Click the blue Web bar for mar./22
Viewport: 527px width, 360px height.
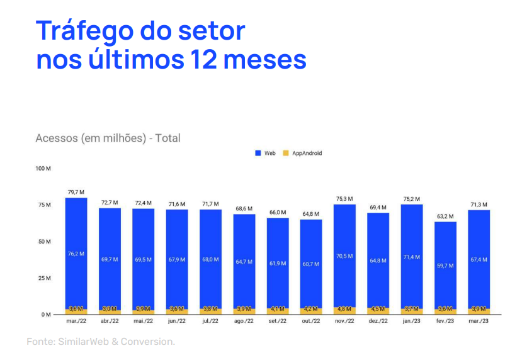(x=76, y=252)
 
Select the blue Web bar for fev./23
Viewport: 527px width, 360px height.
(x=445, y=264)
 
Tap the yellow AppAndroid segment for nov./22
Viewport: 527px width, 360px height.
(x=344, y=310)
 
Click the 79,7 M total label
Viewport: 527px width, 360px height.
(x=76, y=192)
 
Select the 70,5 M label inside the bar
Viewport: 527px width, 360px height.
(x=344, y=256)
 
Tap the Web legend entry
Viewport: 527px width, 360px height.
(x=265, y=153)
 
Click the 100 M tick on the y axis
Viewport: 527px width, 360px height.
(x=43, y=169)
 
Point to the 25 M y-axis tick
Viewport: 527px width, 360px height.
(x=43, y=278)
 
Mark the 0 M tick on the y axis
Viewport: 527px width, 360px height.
(x=46, y=314)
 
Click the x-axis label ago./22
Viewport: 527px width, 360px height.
(x=244, y=321)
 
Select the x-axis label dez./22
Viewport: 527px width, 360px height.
(x=378, y=321)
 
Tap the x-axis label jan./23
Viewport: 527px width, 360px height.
(x=411, y=321)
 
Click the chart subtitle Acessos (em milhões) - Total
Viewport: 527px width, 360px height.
(x=108, y=138)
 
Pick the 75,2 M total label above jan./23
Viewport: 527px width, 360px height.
(x=412, y=199)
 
